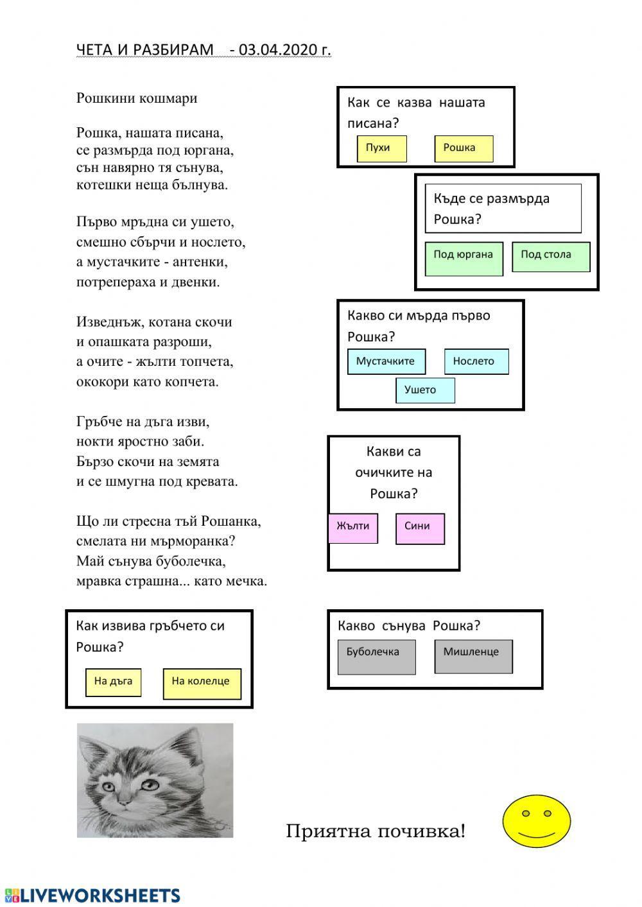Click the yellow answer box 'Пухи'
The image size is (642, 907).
(381, 149)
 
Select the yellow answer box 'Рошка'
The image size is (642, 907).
(464, 149)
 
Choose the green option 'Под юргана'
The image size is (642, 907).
(464, 258)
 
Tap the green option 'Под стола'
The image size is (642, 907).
(550, 257)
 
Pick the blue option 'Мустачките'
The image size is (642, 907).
(386, 361)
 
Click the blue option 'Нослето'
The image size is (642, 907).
(476, 361)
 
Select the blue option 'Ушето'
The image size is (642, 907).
(424, 390)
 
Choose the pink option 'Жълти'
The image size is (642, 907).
(352, 528)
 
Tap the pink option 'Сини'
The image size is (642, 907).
(420, 528)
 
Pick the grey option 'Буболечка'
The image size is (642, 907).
(376, 657)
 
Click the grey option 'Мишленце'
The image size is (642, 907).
(473, 656)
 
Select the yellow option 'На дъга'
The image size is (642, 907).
(113, 682)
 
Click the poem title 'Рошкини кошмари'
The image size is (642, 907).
(137, 98)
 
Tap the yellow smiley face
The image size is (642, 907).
(536, 821)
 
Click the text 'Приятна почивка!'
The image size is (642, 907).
(375, 831)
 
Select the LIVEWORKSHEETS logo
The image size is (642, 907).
(92, 895)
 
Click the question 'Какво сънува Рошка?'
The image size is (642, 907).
(408, 625)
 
